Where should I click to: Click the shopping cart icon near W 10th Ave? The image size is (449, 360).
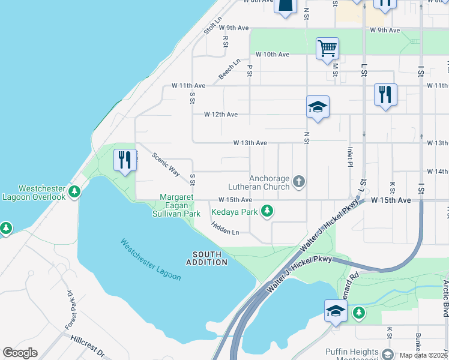click(x=327, y=48)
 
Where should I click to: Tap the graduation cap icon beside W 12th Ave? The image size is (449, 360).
click(x=318, y=107)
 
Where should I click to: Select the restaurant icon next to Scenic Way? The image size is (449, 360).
click(x=125, y=160)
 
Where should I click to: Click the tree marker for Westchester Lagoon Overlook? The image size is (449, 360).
click(x=74, y=192)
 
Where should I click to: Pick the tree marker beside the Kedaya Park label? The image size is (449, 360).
click(x=267, y=212)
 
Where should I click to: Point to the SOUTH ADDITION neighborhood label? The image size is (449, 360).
click(x=206, y=258)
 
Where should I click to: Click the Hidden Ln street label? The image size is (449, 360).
click(x=225, y=228)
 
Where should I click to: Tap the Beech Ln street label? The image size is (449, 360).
click(x=229, y=69)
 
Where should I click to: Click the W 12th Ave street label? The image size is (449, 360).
click(x=221, y=114)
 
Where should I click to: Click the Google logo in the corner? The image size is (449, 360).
click(x=20, y=353)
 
